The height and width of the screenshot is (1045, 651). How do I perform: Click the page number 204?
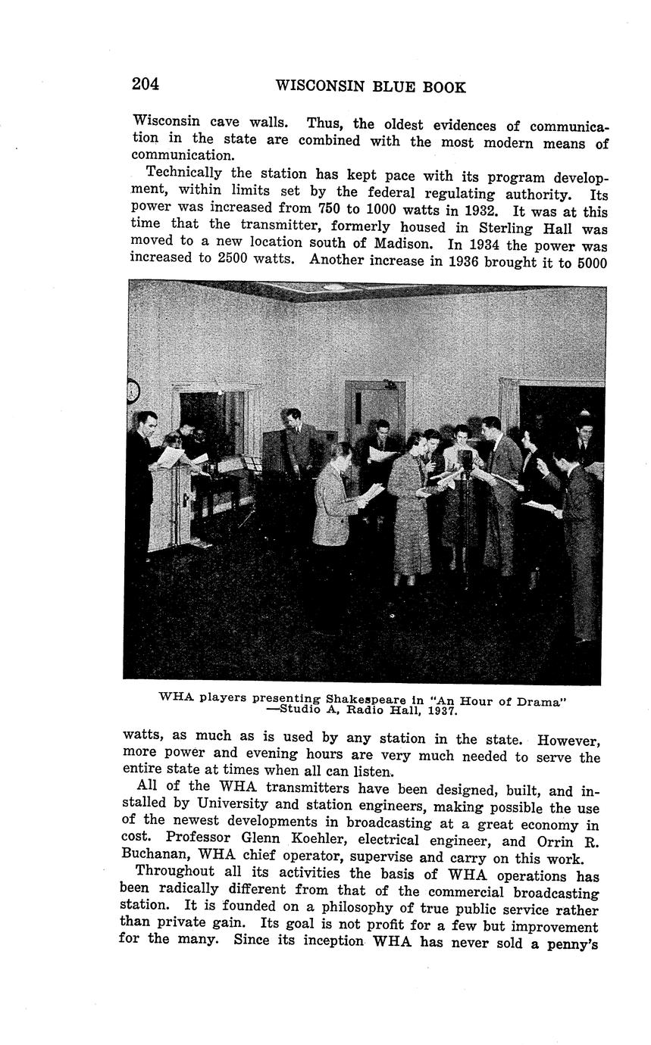146,84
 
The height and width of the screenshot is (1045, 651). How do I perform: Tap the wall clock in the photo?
133,391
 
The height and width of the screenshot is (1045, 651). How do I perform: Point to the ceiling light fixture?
333,287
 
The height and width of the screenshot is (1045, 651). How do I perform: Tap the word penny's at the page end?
574,944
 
